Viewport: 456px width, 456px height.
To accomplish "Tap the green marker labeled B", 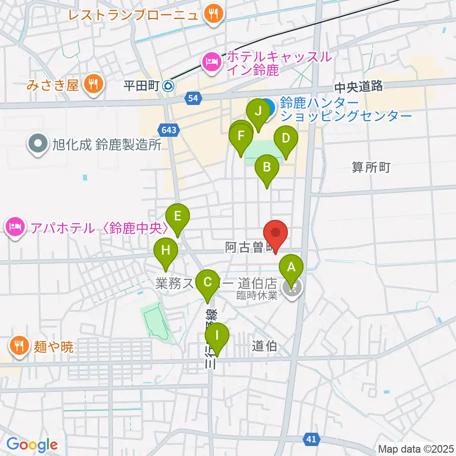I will (x=267, y=167).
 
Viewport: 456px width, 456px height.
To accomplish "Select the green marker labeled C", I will (x=208, y=282).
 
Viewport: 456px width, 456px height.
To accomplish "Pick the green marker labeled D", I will (x=286, y=139).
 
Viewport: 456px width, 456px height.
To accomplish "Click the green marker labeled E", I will (x=178, y=217).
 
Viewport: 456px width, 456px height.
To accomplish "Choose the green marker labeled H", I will (x=165, y=250).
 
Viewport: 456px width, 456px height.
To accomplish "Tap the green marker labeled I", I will (x=217, y=336).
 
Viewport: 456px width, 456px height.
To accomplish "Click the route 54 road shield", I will (x=192, y=98).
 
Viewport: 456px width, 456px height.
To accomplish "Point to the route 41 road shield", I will (x=311, y=440).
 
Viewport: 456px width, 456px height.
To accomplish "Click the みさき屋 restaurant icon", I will (x=91, y=85).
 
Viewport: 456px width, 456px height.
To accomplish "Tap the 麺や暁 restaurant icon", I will (x=18, y=345).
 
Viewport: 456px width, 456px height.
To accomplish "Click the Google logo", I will (x=32, y=445).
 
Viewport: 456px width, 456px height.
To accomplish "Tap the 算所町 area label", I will (x=371, y=167).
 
